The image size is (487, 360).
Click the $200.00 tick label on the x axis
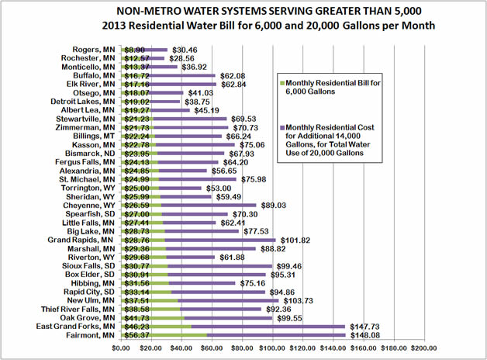(424, 348)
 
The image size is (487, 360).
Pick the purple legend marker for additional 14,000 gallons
(281, 126)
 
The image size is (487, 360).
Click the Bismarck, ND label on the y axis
(88, 153)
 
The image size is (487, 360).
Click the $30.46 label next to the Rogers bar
(185, 49)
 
